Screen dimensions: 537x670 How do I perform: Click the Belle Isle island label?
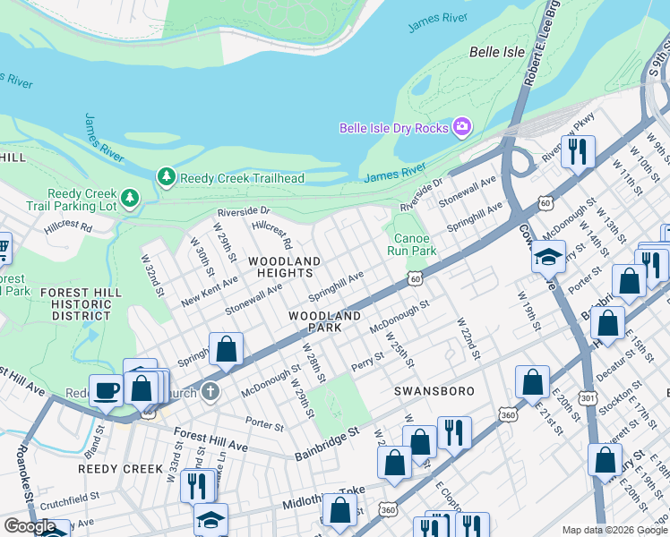(x=496, y=53)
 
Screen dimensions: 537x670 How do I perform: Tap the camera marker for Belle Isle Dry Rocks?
(x=462, y=128)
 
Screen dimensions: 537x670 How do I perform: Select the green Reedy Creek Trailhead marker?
(x=166, y=178)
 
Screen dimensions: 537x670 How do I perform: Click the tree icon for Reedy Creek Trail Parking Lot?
(x=131, y=198)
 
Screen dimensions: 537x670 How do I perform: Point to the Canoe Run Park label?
(x=411, y=244)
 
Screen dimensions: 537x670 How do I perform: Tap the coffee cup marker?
(x=107, y=391)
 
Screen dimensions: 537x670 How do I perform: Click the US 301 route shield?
(x=588, y=396)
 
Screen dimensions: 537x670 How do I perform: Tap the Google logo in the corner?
(x=30, y=526)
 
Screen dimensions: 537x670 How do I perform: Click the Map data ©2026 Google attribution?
(x=614, y=530)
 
